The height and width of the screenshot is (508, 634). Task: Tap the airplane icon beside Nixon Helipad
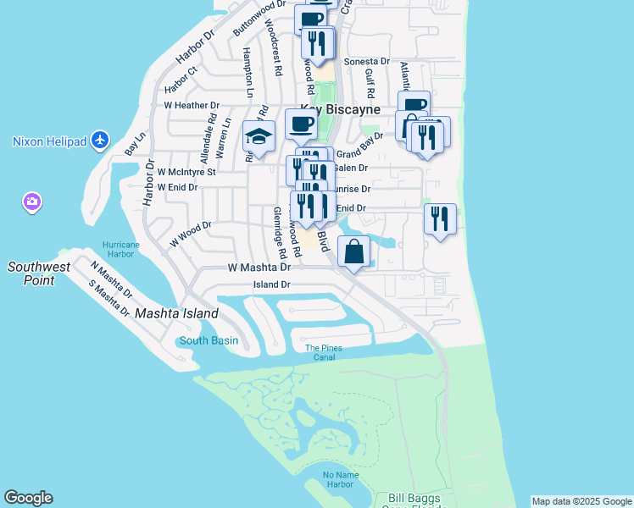pos(101,139)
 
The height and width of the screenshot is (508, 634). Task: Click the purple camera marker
pos(32,202)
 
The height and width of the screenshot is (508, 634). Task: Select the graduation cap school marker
pos(259,135)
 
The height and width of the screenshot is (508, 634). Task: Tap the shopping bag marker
pos(353,251)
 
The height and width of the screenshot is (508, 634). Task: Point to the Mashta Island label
pos(176,313)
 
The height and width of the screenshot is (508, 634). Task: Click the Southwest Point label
pos(39,273)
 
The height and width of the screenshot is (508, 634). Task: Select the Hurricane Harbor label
pos(120,249)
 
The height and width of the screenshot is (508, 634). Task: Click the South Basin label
pos(209,341)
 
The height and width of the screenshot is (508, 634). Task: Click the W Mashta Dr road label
pos(259,267)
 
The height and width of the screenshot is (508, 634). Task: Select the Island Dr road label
pos(272,285)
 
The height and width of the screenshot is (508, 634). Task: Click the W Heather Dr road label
pos(192,106)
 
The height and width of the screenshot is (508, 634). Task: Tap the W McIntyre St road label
pos(186,171)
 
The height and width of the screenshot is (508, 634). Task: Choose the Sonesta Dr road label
pos(365,62)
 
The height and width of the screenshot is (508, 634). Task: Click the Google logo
pos(28,498)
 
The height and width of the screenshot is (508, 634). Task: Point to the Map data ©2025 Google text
pos(581,501)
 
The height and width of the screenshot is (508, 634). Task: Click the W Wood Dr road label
pos(190,234)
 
